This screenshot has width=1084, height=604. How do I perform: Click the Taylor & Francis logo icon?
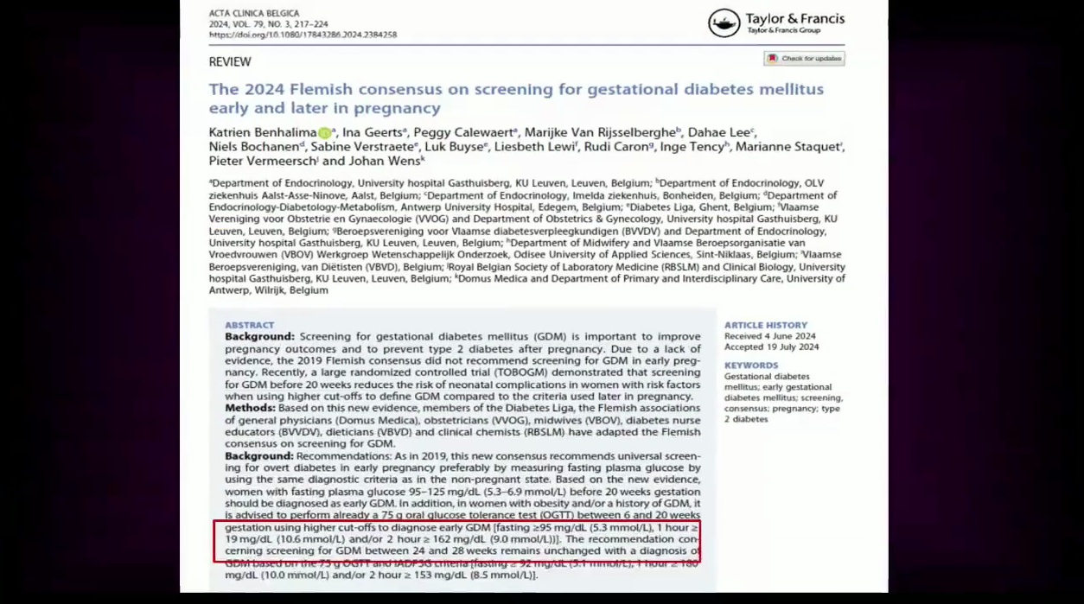coord(724,23)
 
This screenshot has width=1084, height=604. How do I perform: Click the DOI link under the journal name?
coord(303,35)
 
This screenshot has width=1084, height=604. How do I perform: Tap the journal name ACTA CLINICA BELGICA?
coord(254,14)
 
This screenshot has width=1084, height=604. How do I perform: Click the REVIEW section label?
coord(230,62)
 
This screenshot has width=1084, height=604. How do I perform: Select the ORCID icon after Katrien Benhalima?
coord(325,133)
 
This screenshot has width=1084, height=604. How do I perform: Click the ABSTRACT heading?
coord(249,326)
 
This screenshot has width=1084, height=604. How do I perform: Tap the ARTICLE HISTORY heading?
coord(766,326)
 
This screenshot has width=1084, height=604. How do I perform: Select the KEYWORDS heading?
coord(751,366)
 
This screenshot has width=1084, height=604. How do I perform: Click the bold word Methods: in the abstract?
coord(250,408)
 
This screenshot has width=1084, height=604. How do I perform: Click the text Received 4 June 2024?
coord(769,336)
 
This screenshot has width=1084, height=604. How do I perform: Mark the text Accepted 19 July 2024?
coord(771,347)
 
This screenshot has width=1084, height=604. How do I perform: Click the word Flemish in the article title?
coord(328,89)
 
